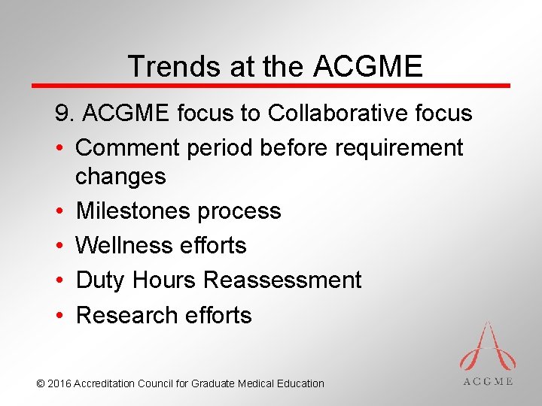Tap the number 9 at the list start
click(x=62, y=114)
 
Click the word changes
click(x=120, y=177)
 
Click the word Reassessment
click(x=282, y=280)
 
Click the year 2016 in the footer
click(x=59, y=383)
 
